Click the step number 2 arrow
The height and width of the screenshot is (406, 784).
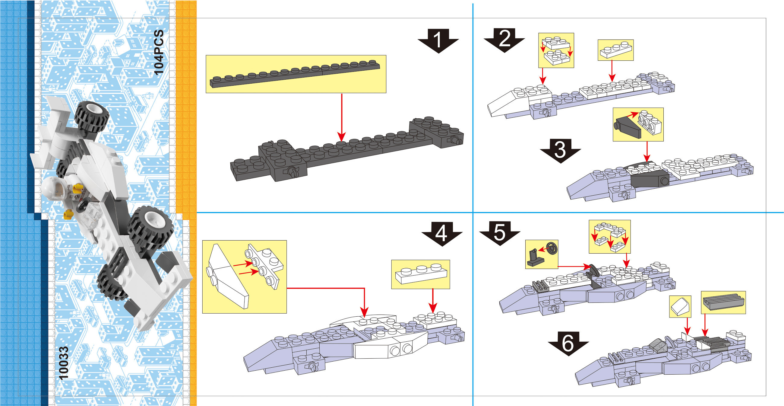pyautogui.click(x=504, y=39)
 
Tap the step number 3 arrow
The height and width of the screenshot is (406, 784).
pyautogui.click(x=560, y=150)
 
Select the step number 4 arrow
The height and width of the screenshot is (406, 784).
pyautogui.click(x=442, y=233)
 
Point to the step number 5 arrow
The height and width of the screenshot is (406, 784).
pyautogui.click(x=499, y=233)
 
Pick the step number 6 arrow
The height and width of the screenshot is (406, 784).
pyautogui.click(x=568, y=343)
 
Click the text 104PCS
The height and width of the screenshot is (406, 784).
pyautogui.click(x=159, y=52)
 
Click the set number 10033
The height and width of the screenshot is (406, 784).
pyautogui.click(x=63, y=363)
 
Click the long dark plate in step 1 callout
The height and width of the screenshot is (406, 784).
pyautogui.click(x=295, y=74)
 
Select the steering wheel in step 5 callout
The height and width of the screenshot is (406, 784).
pyautogui.click(x=552, y=248)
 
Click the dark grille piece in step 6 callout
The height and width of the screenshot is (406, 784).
pyautogui.click(x=723, y=302)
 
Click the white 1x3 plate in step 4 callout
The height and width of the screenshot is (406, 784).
pyautogui.click(x=421, y=274)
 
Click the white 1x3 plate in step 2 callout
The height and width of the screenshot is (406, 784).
pyautogui.click(x=615, y=50)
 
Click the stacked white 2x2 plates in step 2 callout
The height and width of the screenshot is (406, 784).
pyautogui.click(x=556, y=50)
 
